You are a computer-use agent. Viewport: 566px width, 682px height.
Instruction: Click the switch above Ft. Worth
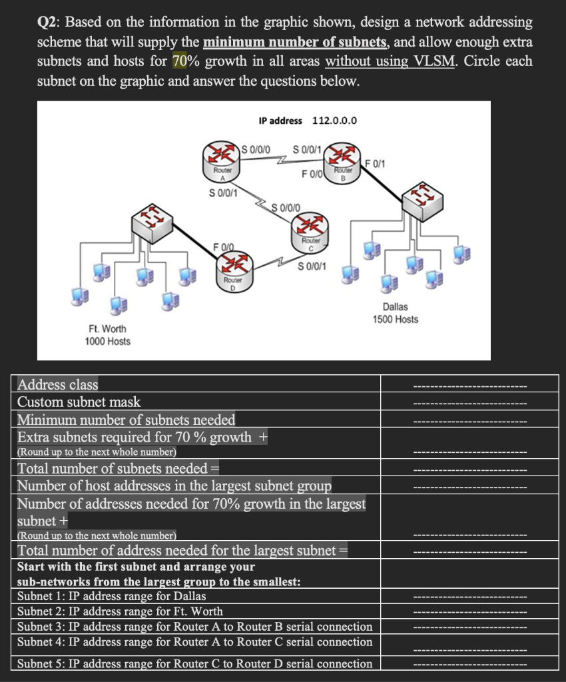(x=151, y=224)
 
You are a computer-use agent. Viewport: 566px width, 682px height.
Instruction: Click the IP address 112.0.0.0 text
(x=308, y=121)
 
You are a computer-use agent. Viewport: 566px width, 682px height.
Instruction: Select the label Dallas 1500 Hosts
(x=396, y=313)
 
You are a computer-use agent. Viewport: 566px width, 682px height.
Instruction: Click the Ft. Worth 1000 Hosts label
(x=107, y=335)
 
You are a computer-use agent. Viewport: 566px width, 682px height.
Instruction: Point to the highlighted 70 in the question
(x=180, y=61)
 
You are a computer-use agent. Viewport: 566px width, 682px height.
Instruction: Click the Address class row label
(x=58, y=384)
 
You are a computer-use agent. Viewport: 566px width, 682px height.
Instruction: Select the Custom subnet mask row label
(x=79, y=402)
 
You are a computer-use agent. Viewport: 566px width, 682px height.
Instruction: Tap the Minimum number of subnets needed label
(x=126, y=420)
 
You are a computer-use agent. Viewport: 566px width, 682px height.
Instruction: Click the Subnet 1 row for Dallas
(x=111, y=595)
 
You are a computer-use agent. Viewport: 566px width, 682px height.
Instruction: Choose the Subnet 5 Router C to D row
(x=194, y=663)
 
